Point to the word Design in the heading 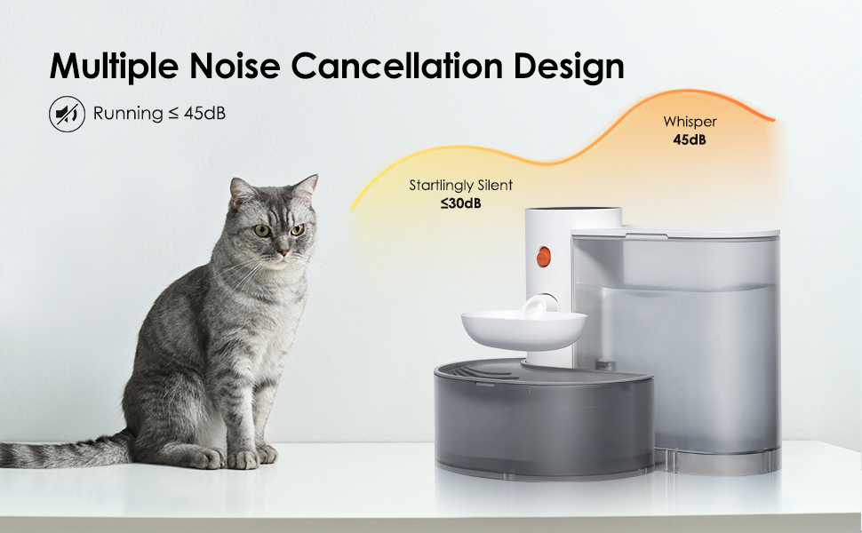pos(574,67)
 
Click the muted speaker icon pos(67,114)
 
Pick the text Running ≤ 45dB pos(159,114)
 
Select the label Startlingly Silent pos(460,186)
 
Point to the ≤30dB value pos(460,203)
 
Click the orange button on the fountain pos(543,257)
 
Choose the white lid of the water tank pos(675,233)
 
